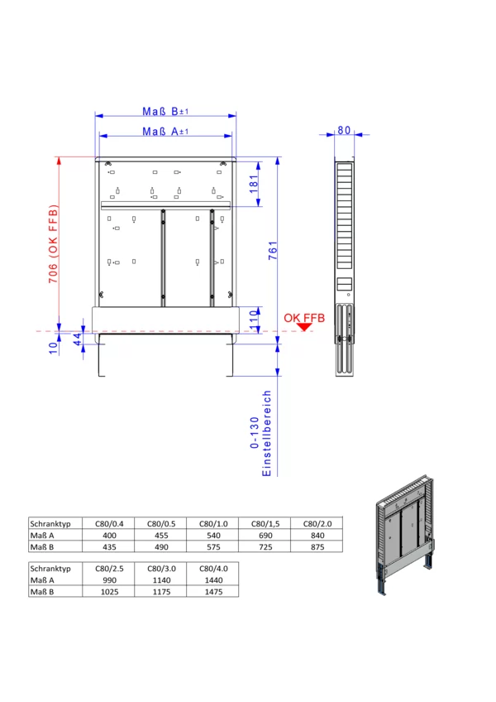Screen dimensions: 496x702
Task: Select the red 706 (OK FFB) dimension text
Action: pos(53,244)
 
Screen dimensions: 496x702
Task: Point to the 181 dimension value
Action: pos(254,184)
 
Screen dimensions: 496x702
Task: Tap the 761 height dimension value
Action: pos(273,251)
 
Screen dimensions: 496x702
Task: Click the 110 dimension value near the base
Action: pos(254,320)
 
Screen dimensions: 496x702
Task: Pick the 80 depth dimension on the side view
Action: pos(344,130)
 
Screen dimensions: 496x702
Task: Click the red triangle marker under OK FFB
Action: pos(304,327)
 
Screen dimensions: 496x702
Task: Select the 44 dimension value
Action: pos(78,339)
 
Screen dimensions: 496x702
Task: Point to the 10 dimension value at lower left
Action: pos(53,349)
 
